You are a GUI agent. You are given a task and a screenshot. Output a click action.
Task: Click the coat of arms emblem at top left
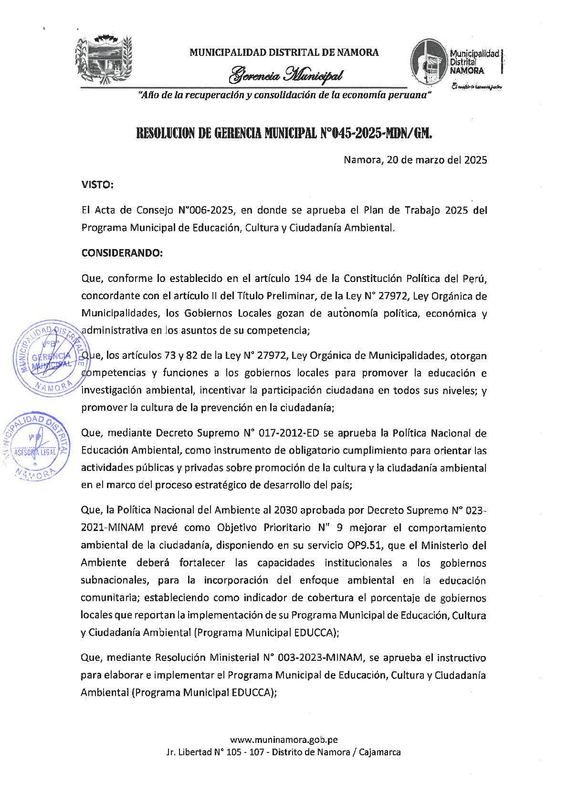point(103,60)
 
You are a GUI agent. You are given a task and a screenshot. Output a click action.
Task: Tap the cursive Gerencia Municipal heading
point(285,75)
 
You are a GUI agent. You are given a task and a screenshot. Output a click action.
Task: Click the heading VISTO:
point(97,185)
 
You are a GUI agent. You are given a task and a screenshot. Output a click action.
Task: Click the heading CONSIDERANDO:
point(122,253)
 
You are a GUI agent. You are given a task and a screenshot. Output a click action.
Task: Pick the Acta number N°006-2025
point(206,210)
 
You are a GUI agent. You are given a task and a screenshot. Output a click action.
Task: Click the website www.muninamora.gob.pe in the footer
point(284,740)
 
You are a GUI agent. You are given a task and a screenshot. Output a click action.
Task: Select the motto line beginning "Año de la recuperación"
point(284,95)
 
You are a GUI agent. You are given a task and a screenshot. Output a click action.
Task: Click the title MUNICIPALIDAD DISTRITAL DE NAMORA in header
point(284,52)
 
